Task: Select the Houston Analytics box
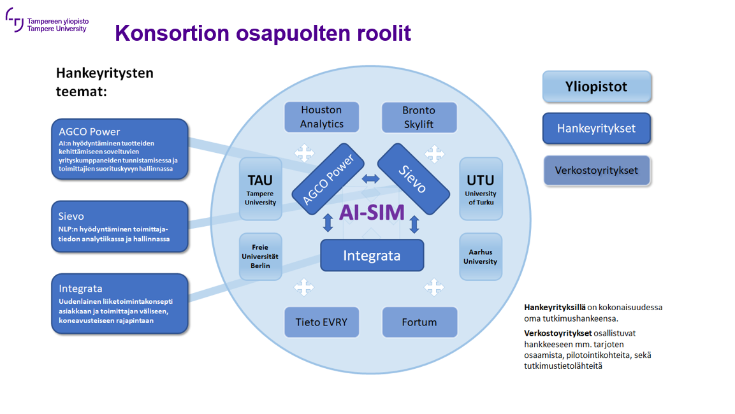(321, 117)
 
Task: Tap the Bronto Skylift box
(419, 117)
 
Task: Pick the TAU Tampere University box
(260, 189)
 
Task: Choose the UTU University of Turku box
(480, 189)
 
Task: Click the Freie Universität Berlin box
(260, 256)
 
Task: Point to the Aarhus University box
(480, 256)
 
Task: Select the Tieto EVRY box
(321, 322)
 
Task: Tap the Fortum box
(419, 322)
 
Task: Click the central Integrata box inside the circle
(372, 255)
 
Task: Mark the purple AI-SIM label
(372, 212)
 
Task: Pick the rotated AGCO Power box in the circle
(328, 179)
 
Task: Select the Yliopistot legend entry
(597, 87)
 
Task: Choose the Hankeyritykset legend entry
(596, 129)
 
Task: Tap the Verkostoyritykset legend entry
(596, 170)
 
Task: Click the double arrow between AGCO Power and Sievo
(370, 179)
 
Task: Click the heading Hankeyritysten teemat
(105, 82)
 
